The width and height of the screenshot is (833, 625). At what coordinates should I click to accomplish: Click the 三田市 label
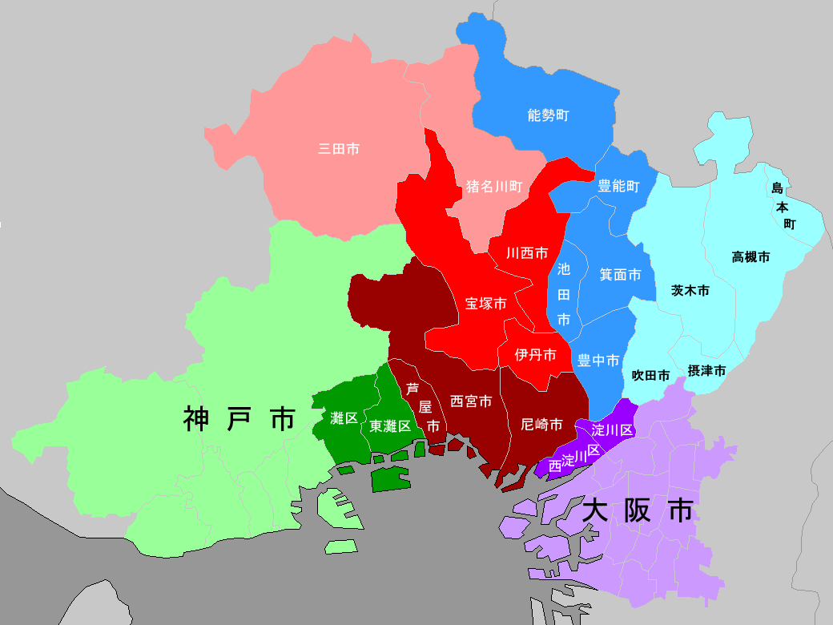(339, 148)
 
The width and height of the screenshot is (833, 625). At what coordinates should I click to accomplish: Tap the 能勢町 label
(549, 115)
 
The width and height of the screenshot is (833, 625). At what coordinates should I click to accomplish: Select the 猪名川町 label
(494, 187)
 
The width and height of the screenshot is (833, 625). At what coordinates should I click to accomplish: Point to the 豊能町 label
(619, 187)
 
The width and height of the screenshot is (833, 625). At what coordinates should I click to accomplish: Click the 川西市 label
(527, 253)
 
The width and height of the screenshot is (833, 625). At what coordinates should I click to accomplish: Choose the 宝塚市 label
(486, 304)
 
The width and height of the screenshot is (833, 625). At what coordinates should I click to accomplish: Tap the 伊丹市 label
(535, 355)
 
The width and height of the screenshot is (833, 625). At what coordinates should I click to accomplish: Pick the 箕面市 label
(621, 275)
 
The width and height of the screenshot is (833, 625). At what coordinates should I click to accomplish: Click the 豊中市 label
(598, 361)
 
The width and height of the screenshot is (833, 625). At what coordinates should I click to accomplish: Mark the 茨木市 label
(690, 291)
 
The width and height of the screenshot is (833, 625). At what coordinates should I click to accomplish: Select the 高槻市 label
(751, 257)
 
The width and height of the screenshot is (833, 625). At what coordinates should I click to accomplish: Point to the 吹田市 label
(650, 374)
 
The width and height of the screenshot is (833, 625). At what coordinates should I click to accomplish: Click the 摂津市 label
(706, 371)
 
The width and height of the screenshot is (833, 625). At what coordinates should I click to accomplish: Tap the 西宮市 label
(471, 401)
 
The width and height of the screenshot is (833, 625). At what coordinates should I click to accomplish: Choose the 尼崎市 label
(541, 424)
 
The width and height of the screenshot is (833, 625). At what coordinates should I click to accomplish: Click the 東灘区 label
(390, 426)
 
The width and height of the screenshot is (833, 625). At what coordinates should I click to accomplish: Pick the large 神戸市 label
(239, 419)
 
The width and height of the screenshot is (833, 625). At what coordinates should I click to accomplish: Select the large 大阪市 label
(638, 510)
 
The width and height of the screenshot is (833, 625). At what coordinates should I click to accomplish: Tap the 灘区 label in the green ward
(344, 417)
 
